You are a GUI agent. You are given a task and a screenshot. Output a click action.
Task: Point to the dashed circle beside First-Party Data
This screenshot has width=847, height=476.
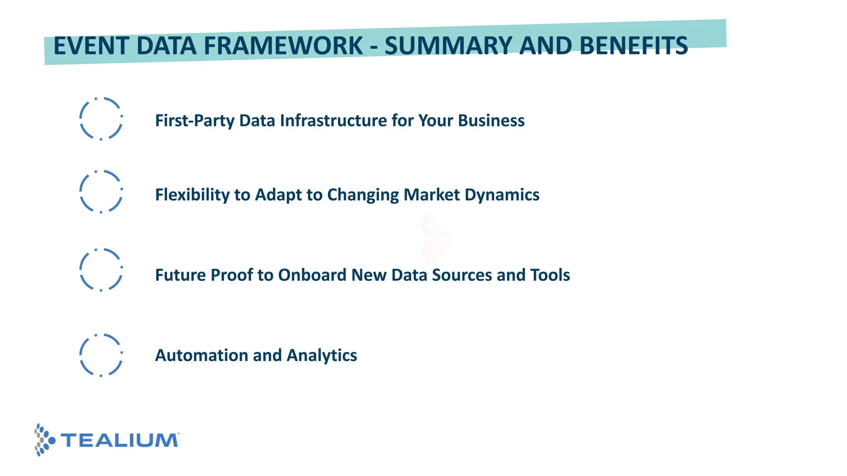pyautogui.click(x=101, y=119)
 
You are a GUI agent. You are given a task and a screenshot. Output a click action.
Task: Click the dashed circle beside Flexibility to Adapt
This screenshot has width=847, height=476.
pyautogui.click(x=101, y=192)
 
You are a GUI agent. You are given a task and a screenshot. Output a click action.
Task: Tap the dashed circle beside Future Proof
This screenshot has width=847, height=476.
pyautogui.click(x=101, y=270)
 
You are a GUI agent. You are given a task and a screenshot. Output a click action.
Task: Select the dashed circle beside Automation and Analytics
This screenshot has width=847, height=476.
pyautogui.click(x=101, y=355)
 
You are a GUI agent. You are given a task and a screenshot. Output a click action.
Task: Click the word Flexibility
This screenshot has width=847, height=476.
pyautogui.click(x=192, y=195)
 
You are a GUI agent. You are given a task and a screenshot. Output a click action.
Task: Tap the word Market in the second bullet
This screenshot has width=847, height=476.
pyautogui.click(x=431, y=195)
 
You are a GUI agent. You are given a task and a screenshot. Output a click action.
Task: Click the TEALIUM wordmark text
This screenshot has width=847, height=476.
pyautogui.click(x=120, y=440)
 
